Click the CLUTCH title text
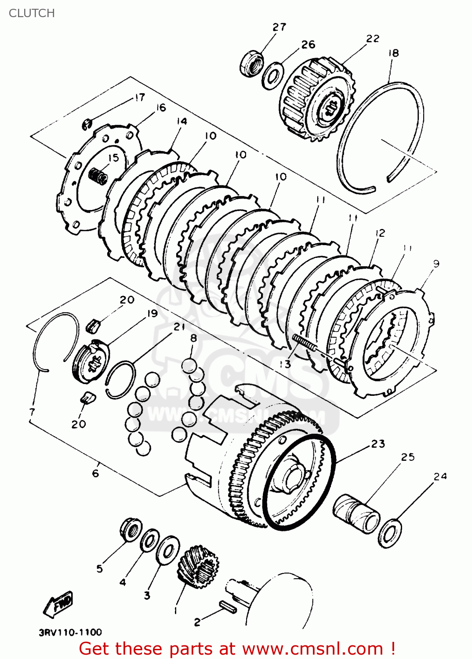[32, 13]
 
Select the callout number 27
[279, 27]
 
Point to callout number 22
[372, 39]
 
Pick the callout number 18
[393, 53]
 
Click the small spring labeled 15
[98, 176]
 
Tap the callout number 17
[139, 98]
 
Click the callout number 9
[436, 264]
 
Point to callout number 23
[378, 444]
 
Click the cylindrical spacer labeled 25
[356, 513]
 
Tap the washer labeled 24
[390, 533]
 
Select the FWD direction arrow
[58, 605]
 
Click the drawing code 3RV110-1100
[70, 633]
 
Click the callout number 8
[193, 338]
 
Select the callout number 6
[95, 473]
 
